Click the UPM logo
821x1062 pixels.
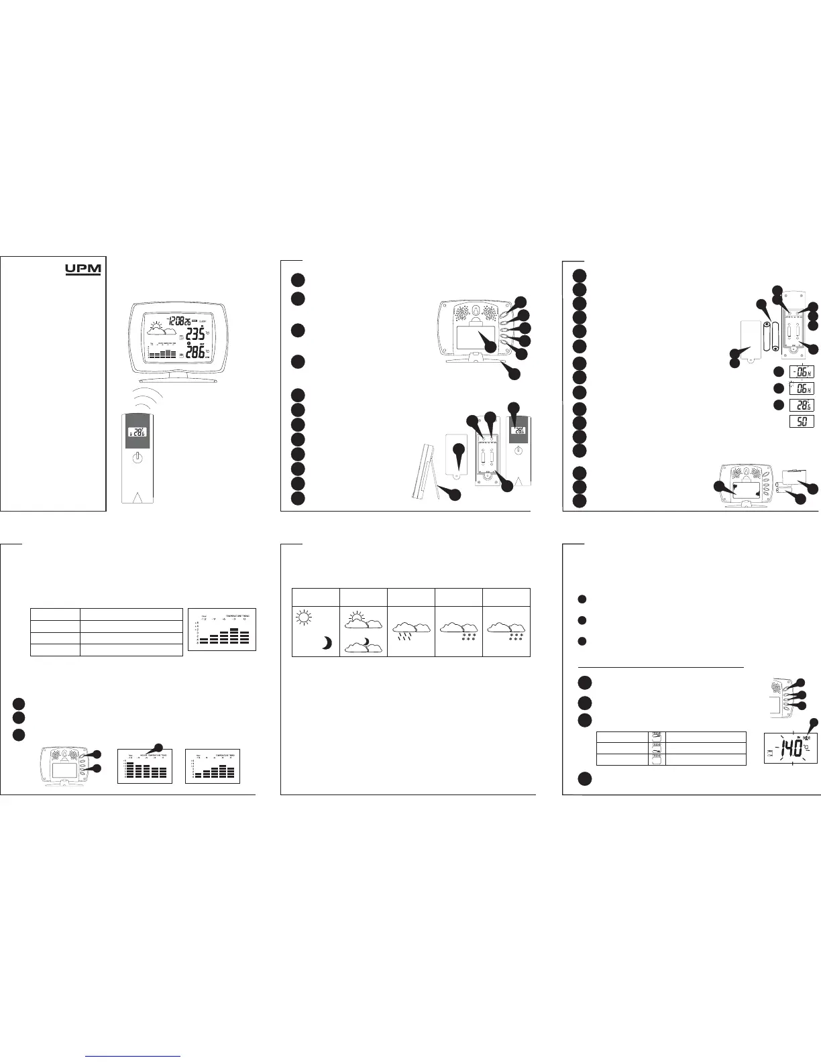[x=83, y=270]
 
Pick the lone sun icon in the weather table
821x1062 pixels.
[x=304, y=619]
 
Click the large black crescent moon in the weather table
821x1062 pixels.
[x=327, y=643]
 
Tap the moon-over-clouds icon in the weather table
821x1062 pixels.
[x=363, y=645]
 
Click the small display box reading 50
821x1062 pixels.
[x=801, y=402]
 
